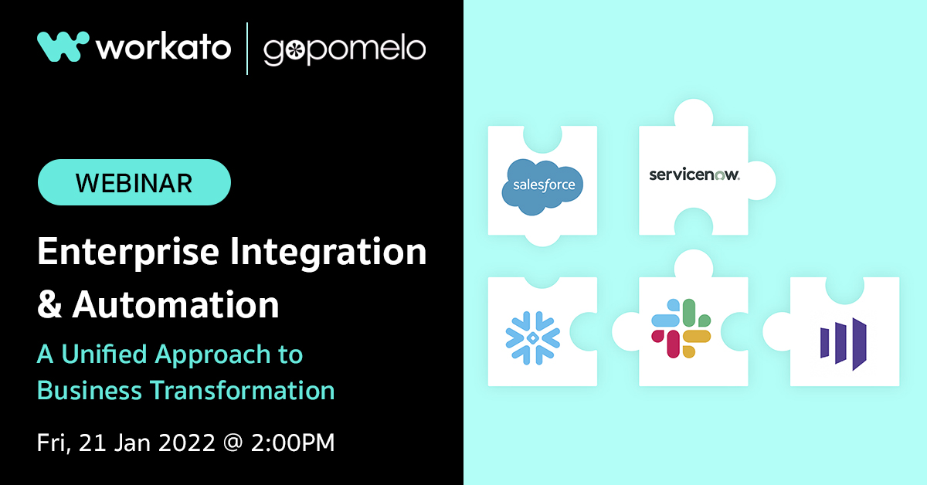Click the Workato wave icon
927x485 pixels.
pos(62,46)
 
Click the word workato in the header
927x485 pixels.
pos(164,48)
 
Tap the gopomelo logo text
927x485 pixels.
pos(344,49)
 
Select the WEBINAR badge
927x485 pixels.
pos(134,182)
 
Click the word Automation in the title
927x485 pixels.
pos(175,304)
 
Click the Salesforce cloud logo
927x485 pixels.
pos(542,187)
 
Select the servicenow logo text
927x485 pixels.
pos(694,175)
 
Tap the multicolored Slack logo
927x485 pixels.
pos(681,327)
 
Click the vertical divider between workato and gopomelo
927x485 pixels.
pos(247,48)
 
